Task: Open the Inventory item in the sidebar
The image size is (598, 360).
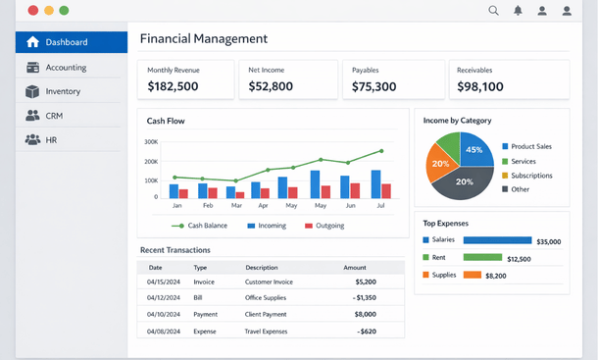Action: (63, 91)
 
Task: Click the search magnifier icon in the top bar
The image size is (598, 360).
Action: (493, 11)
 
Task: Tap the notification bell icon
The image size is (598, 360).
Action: (518, 11)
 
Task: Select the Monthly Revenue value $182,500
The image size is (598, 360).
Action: (173, 86)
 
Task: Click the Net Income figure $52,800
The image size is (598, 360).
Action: (271, 86)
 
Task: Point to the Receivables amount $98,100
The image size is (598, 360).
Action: (480, 86)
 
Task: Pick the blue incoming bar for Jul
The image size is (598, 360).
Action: (375, 184)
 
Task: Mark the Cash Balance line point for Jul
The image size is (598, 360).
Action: (381, 151)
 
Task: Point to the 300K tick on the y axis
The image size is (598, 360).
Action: (150, 141)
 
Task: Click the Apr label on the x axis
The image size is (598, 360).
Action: (263, 206)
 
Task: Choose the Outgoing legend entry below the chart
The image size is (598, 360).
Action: (324, 226)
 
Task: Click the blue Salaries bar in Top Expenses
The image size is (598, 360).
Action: (496, 240)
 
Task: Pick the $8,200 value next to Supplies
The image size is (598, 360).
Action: (496, 276)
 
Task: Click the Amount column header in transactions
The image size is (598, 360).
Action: (354, 267)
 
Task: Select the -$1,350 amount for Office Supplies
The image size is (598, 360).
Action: (364, 297)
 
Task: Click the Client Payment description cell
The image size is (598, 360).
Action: (266, 314)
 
